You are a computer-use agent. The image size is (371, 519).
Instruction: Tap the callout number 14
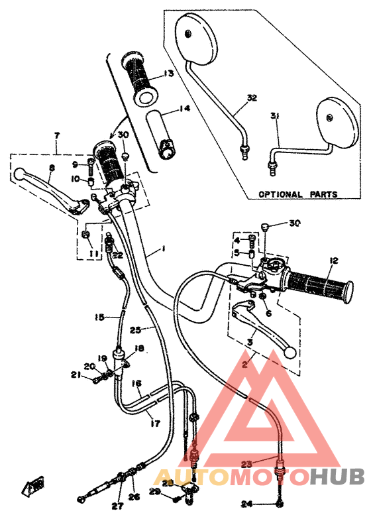[184, 108]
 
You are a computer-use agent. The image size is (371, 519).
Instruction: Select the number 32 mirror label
[251, 98]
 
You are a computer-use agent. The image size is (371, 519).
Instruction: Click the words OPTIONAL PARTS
[297, 195]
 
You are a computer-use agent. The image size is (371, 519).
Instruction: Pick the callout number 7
[57, 135]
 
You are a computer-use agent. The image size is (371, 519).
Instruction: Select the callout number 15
[99, 317]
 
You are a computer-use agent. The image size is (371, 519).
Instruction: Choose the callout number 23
[246, 465]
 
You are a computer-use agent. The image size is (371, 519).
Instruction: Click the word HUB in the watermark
[338, 476]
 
